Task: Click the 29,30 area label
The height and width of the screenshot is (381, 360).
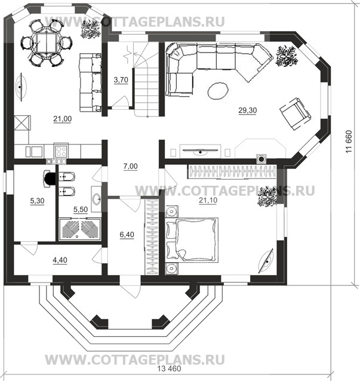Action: coord(248,110)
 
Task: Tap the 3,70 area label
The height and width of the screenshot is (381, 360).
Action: coord(121,79)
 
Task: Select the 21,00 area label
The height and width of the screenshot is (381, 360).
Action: coord(63,119)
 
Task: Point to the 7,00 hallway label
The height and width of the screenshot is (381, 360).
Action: coord(130,166)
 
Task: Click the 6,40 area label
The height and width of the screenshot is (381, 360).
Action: coord(127,235)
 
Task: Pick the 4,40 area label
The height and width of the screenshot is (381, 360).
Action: coord(60,260)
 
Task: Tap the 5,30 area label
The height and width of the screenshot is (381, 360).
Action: coord(37,201)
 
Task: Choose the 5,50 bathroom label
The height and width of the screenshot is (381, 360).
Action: coord(81,209)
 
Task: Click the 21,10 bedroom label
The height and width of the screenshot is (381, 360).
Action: coord(208,200)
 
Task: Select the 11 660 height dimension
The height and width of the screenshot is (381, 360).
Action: coord(349,142)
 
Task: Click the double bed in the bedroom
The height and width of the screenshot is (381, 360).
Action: coord(192,240)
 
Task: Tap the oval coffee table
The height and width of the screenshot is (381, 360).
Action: coord(218,91)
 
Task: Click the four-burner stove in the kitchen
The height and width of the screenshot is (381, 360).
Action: coord(61,151)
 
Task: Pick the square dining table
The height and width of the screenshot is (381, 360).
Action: coord(46,43)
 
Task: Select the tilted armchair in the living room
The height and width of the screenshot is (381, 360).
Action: coord(295,113)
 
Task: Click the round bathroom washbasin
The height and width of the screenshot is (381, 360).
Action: coord(97,199)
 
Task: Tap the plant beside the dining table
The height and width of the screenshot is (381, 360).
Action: coord(90,29)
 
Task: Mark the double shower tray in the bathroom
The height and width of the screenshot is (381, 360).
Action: coord(80,229)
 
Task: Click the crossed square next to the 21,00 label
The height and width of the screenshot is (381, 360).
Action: coord(21,123)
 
